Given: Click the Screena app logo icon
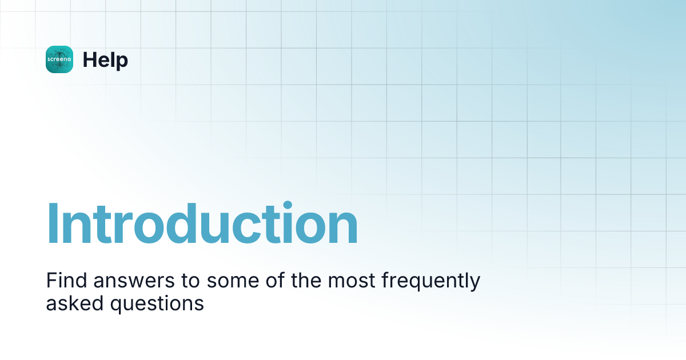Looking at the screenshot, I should [59, 59].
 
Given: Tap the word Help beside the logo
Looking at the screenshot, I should [105, 59].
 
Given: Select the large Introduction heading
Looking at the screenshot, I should [202, 223].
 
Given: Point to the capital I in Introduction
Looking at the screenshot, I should [52, 223].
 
